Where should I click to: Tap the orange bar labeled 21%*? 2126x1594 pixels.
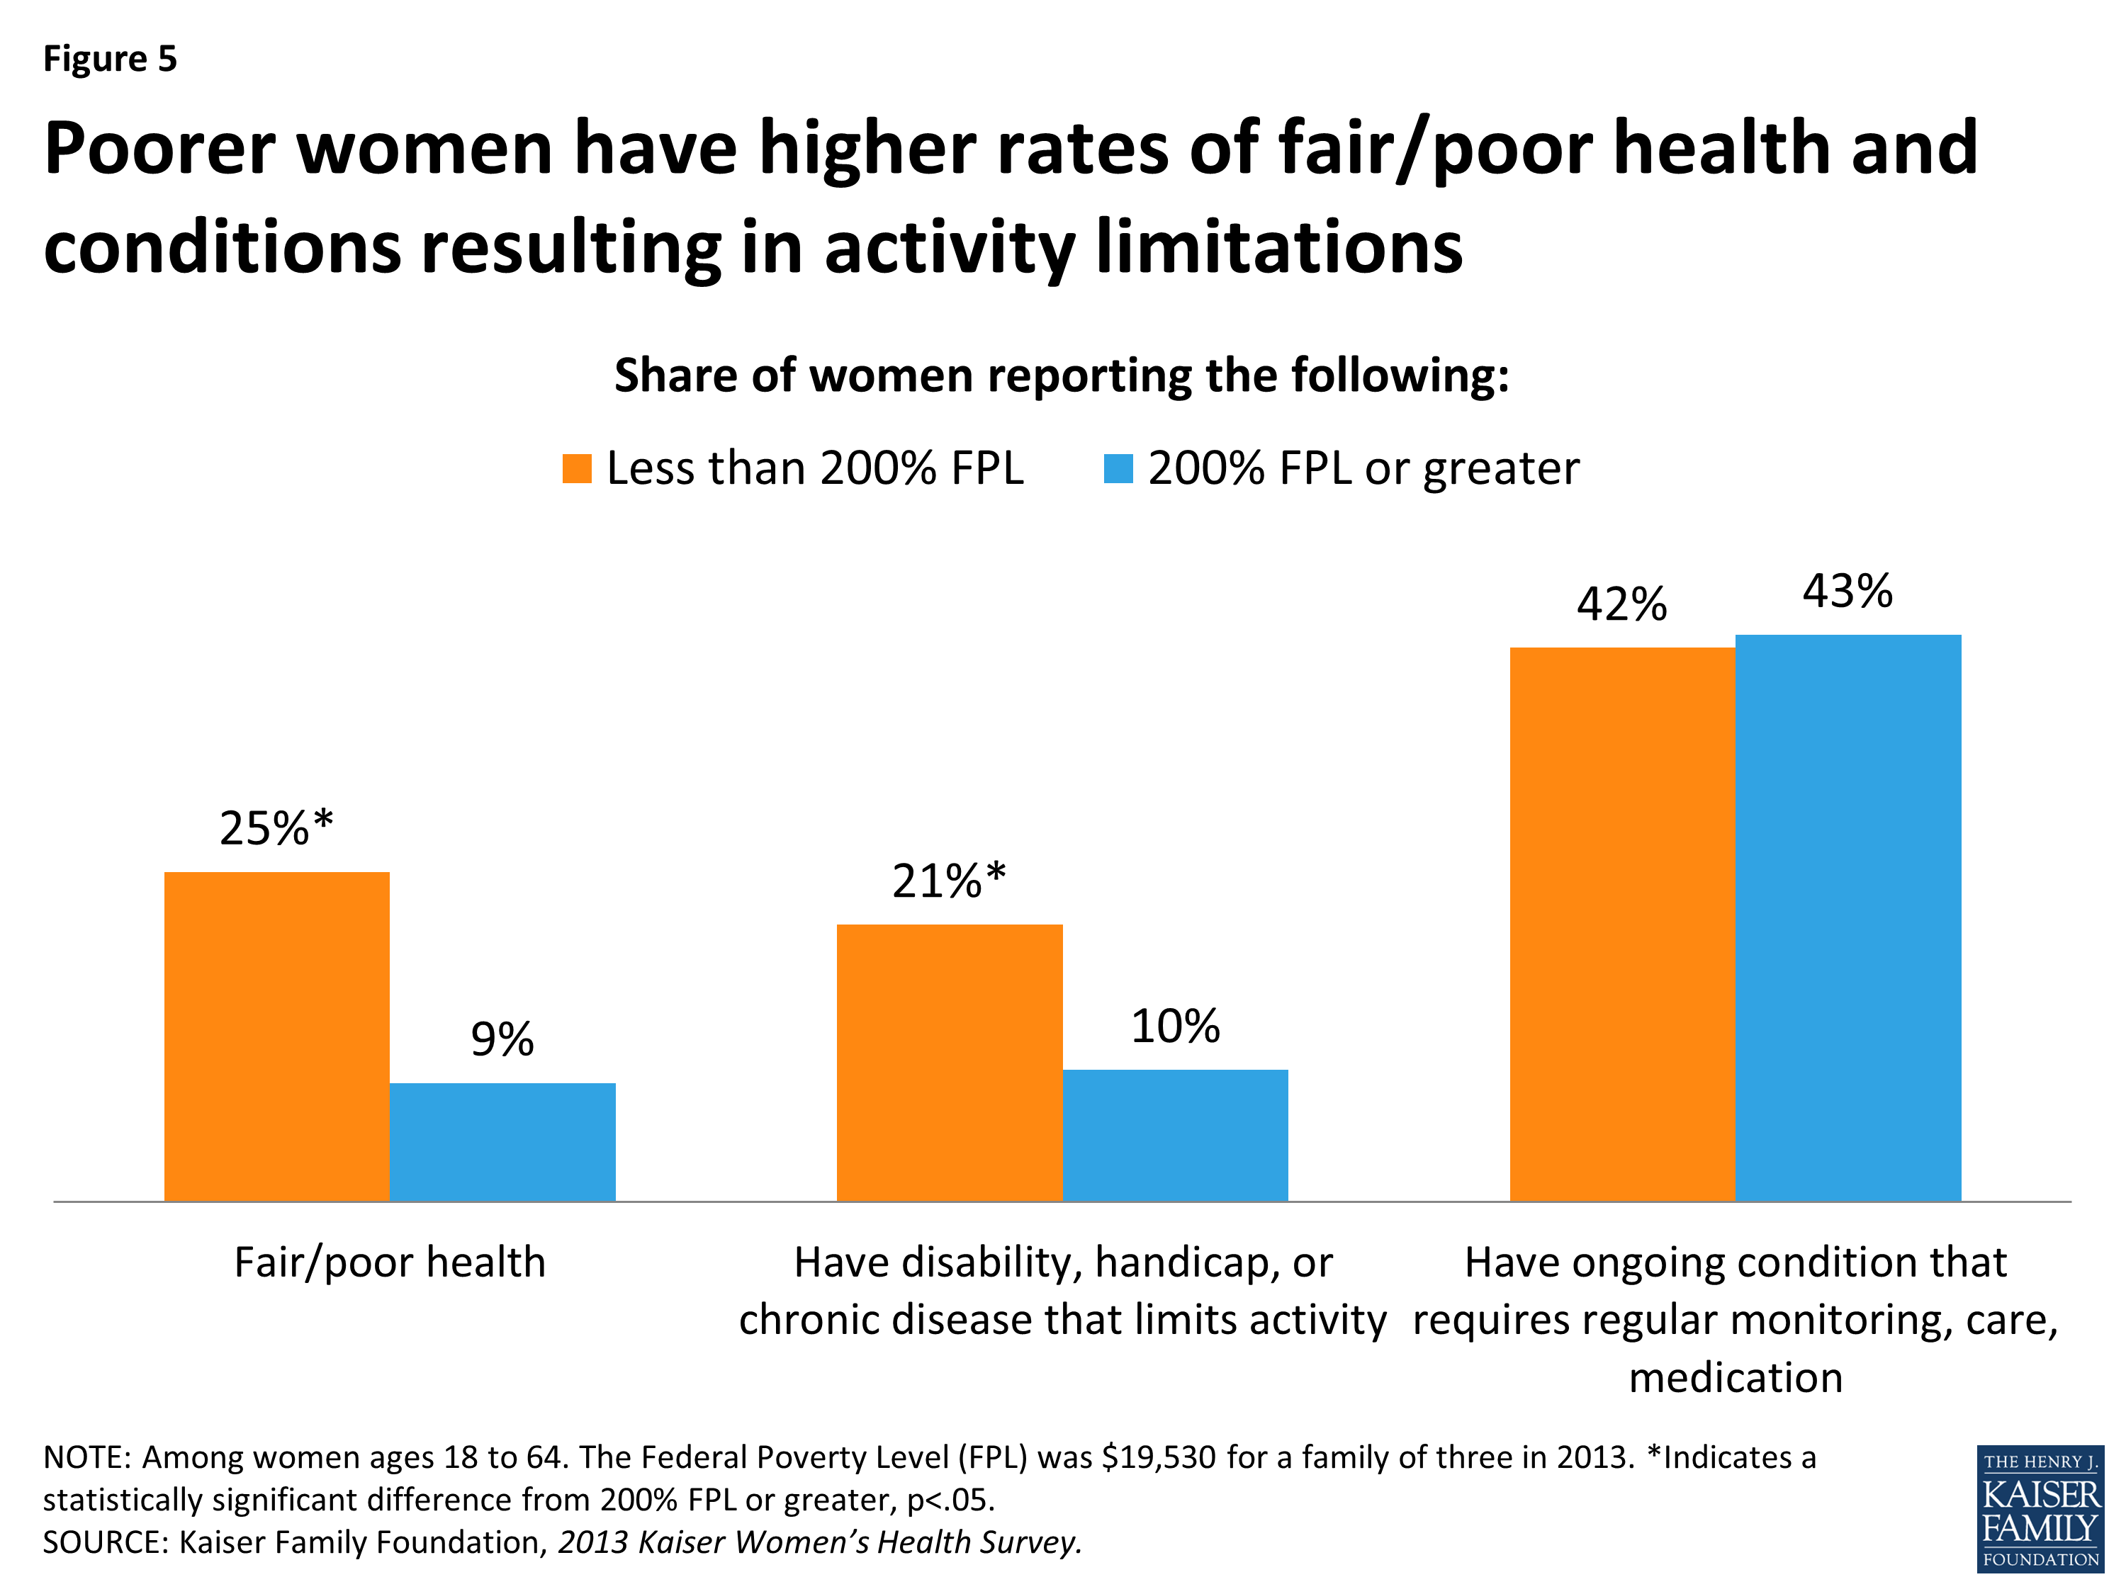coord(950,1062)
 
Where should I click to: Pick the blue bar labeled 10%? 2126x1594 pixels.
coord(1174,1135)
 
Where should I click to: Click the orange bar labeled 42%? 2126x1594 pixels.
coord(1622,923)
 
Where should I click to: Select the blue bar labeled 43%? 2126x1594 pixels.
coord(1847,917)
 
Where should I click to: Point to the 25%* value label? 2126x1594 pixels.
coord(276,828)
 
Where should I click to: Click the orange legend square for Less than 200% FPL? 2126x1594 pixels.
coord(577,469)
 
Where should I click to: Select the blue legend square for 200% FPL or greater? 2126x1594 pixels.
coord(1118,469)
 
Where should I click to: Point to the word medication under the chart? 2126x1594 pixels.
coord(1736,1378)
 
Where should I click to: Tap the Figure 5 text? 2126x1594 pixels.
coord(110,59)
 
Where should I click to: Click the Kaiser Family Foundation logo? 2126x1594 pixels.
coord(2040,1508)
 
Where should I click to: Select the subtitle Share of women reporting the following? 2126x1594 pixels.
coord(1061,375)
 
